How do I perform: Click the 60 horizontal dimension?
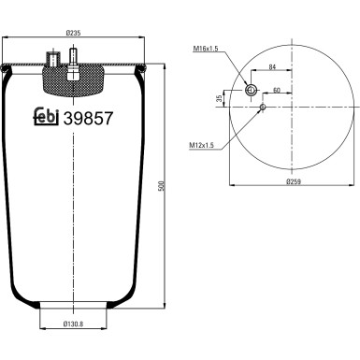click(x=277, y=92)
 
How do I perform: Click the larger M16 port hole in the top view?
click(x=251, y=89)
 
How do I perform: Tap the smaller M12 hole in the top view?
click(x=263, y=108)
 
